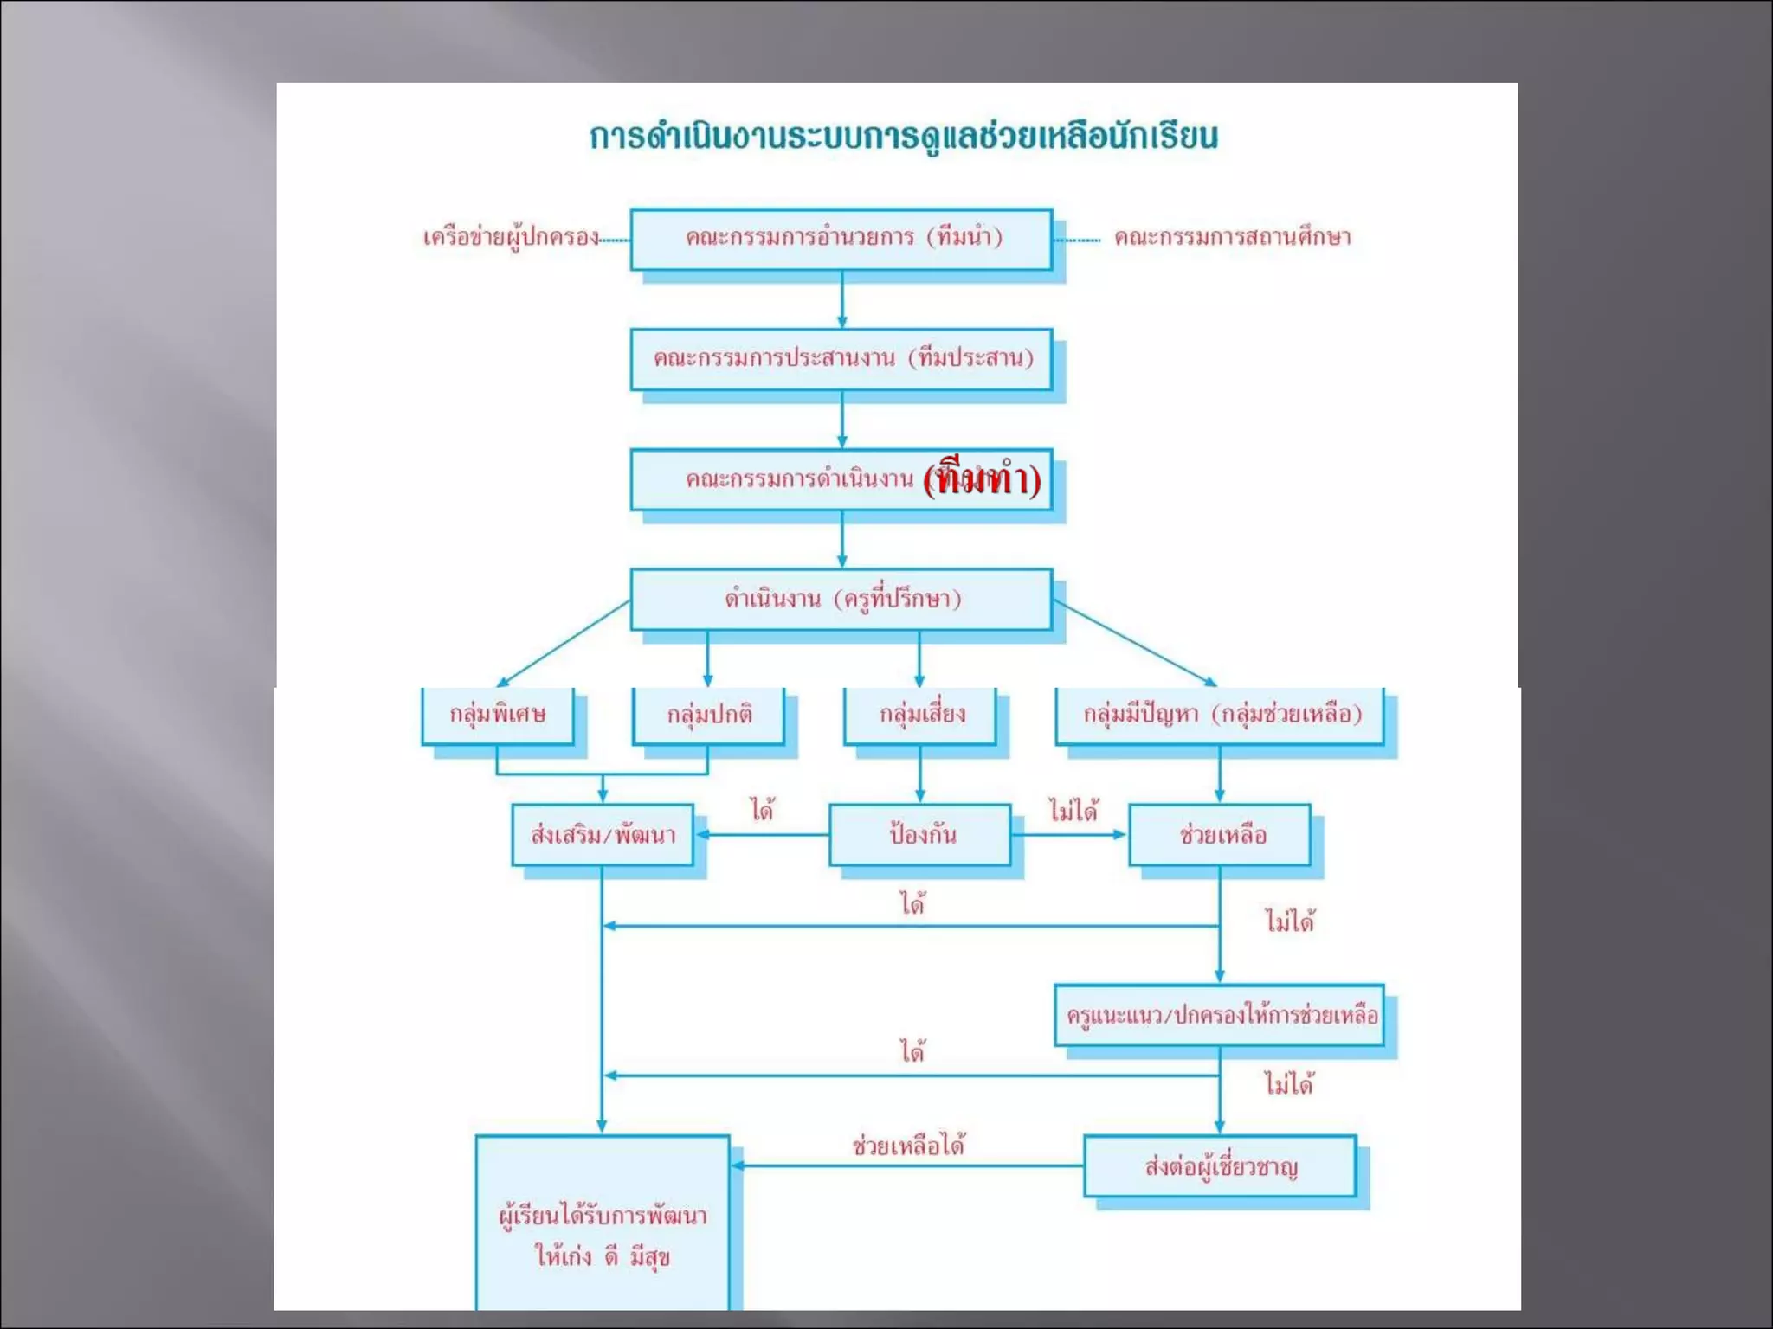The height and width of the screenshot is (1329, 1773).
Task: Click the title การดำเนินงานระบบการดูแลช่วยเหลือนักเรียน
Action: click(903, 137)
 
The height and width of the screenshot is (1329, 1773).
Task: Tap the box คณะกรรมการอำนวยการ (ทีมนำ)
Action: click(841, 238)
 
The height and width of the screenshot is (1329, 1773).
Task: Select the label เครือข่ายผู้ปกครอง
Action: click(510, 238)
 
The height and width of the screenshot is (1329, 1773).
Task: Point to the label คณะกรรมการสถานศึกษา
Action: click(1232, 237)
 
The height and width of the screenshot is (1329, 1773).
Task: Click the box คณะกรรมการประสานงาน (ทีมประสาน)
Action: click(841, 358)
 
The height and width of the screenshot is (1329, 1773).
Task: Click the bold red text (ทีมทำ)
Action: click(982, 479)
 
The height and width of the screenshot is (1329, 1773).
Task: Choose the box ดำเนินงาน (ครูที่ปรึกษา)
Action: click(841, 599)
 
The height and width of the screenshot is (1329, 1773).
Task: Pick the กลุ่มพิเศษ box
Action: click(497, 715)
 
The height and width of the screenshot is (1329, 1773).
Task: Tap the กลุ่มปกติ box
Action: click(708, 715)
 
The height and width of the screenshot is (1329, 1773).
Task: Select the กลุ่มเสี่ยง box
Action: click(920, 715)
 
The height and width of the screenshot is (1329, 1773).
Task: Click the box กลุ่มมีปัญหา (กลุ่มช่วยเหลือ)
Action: click(1220, 715)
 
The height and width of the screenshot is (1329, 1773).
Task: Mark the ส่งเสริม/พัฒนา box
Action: click(603, 835)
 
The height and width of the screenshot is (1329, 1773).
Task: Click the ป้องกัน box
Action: click(920, 835)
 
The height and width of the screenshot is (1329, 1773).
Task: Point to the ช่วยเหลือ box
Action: click(1220, 835)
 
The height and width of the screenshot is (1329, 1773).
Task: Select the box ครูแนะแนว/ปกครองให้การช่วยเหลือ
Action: click(1220, 1015)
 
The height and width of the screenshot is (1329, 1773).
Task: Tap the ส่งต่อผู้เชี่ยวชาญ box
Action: click(1220, 1166)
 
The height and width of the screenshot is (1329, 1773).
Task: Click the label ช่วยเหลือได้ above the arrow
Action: click(908, 1146)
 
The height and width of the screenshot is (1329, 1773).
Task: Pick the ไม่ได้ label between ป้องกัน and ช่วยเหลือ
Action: click(1073, 811)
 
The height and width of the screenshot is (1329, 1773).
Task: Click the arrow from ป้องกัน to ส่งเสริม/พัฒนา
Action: click(762, 835)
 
